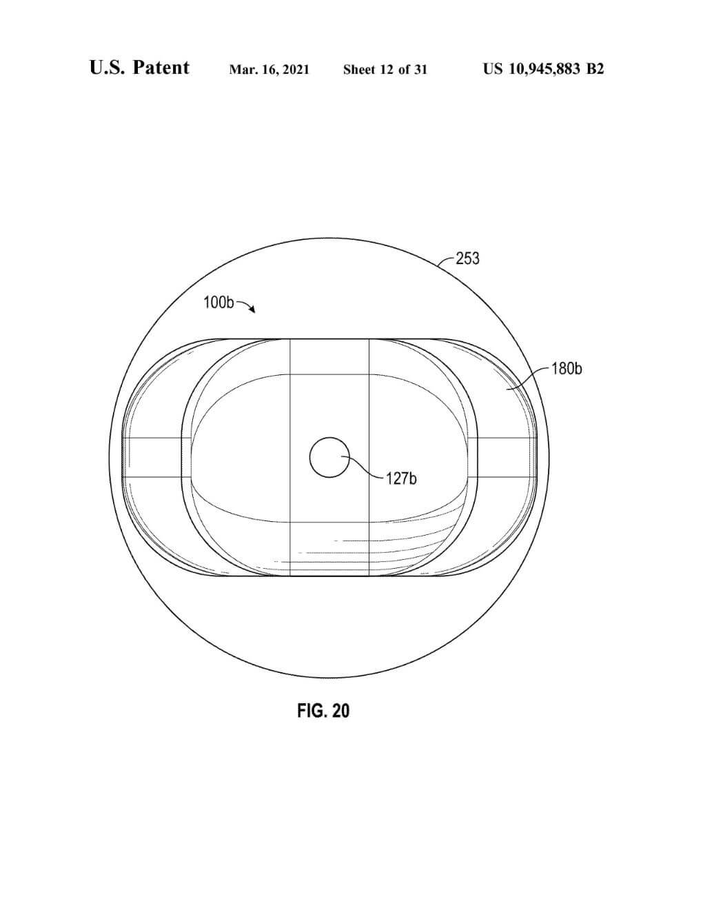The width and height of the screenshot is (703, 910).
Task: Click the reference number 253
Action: [467, 259]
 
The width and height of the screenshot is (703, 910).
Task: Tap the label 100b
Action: [218, 303]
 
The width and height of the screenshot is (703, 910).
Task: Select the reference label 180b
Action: [567, 369]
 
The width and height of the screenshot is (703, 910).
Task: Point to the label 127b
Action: [401, 478]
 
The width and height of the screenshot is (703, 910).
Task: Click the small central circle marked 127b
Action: [329, 457]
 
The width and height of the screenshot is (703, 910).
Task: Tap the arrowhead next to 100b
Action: [252, 310]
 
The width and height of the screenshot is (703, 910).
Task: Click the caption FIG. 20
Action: [323, 710]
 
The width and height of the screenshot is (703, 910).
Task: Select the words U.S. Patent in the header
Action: [139, 68]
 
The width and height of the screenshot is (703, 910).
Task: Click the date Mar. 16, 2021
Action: [269, 70]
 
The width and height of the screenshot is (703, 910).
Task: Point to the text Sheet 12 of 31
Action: [385, 70]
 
